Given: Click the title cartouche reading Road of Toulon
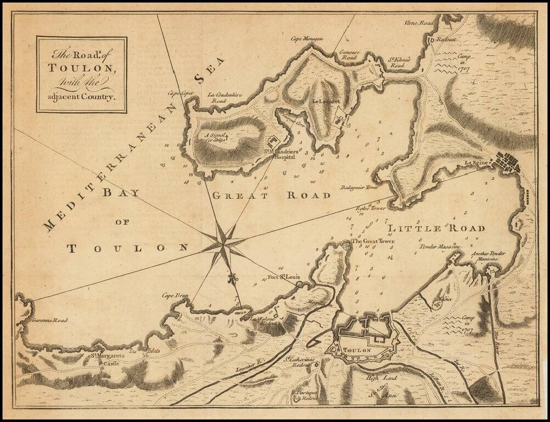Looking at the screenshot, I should coord(82,75).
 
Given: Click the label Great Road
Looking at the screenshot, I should coord(271,196).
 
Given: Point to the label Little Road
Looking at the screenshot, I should coord(436,228).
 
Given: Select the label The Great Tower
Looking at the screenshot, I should coord(373,241).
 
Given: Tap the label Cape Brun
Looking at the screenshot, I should coord(175,296).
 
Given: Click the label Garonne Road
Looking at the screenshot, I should coord(49,320).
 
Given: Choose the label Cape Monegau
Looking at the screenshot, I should coord(305,38).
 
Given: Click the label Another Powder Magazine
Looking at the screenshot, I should coord(488,256).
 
